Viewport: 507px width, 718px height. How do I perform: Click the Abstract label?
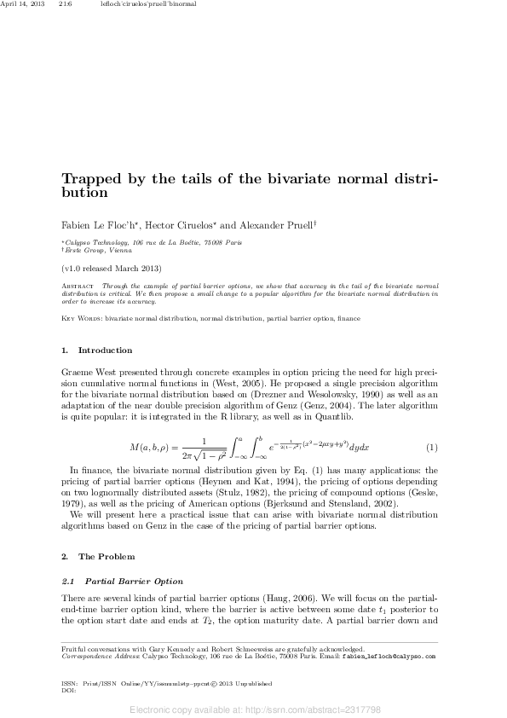point(78,285)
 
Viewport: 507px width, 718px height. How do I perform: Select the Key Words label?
point(82,318)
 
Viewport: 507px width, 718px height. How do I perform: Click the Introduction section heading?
point(105,350)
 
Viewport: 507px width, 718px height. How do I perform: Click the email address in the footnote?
point(394,657)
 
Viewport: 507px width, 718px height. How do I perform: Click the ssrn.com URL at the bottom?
point(254,709)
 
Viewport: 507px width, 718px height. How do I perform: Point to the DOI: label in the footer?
point(69,689)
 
